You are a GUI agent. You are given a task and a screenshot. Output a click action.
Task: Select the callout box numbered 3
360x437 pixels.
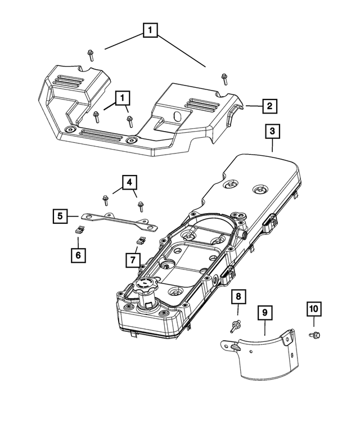pos(272,132)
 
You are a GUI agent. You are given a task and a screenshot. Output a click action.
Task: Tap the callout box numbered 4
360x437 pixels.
pos(129,182)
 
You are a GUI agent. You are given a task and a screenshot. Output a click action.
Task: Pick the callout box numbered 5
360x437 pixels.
pos(58,215)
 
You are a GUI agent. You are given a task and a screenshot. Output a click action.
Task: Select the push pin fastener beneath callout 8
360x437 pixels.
pos(237,325)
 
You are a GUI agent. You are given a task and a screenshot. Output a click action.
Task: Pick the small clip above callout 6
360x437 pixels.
pos(80,228)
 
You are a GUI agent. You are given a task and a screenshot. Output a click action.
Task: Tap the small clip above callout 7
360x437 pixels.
pos(141,240)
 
